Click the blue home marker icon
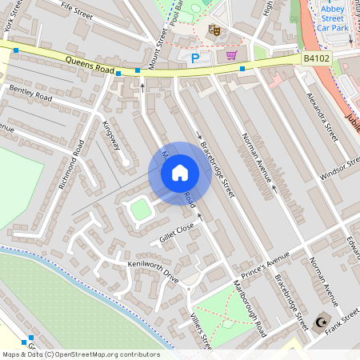click(180, 172)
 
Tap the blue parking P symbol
click(194, 58)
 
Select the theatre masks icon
click(214, 30)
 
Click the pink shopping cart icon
click(232, 55)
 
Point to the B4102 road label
click(316, 58)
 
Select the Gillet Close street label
click(177, 233)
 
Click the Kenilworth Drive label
click(153, 267)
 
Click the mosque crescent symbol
click(323, 322)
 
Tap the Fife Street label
click(77, 10)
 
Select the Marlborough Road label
click(251, 307)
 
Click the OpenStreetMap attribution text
click(80, 354)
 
